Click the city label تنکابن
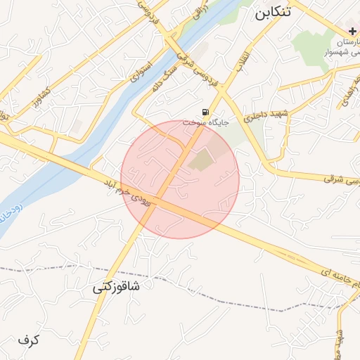pos(271,13)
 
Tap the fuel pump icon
pos(205,112)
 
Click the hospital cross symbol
pos(352,32)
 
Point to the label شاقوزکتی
pos(116,287)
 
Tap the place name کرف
pos(29,340)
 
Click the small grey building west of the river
pos(75,127)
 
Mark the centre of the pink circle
pos(180,179)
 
